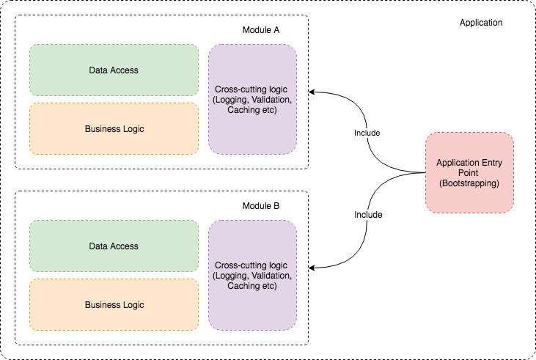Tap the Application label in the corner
480,23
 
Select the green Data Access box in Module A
114,70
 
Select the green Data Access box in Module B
114,246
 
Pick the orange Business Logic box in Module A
114,129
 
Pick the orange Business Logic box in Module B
114,305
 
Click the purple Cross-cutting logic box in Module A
252,100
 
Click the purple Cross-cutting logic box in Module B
252,275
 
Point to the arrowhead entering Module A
312,92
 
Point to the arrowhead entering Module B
312,268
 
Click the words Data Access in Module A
114,70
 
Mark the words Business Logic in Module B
114,305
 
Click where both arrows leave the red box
426,174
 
